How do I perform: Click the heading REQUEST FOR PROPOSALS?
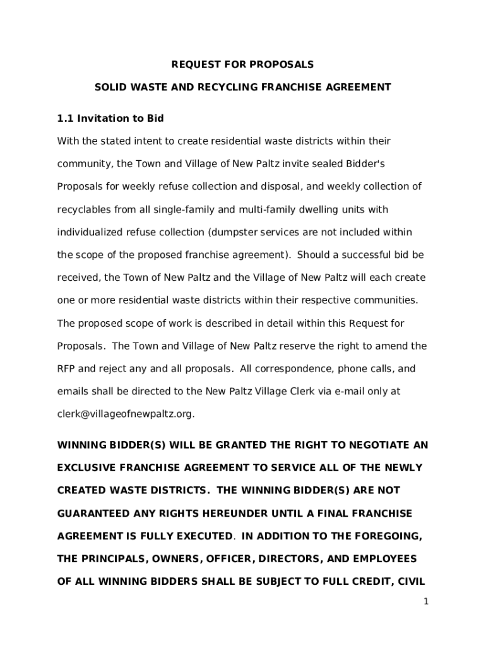tap(242, 64)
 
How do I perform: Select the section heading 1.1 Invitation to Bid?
tap(110, 118)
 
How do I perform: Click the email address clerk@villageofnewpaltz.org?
tap(125, 414)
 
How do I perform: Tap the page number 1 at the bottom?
tap(426, 602)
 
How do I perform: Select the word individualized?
tap(89, 232)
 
